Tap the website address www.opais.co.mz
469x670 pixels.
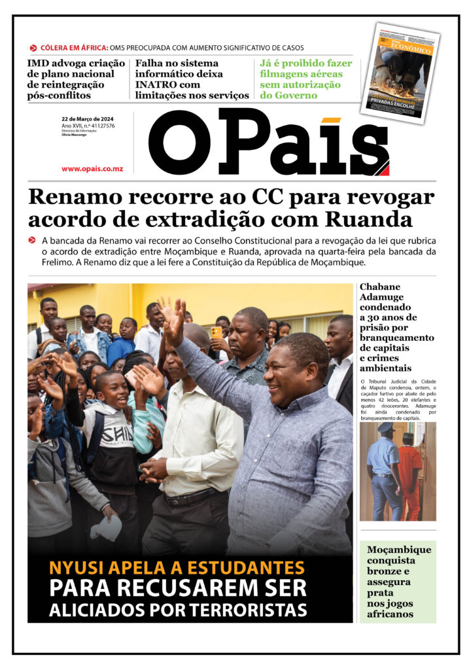point(92,169)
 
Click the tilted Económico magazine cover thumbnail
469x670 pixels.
point(400,72)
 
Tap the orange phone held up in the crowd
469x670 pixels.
point(217,332)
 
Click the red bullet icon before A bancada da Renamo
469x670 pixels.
point(32,240)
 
